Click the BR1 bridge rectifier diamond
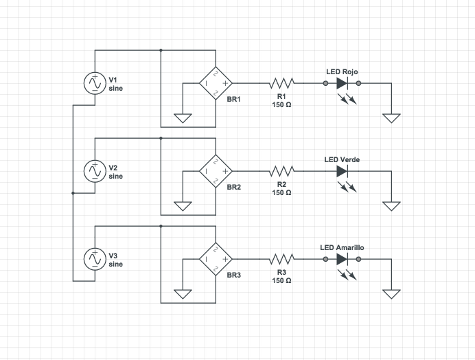(x=216, y=83)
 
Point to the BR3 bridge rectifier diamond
(x=216, y=259)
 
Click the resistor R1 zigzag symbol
(x=281, y=83)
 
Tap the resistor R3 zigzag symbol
(x=281, y=259)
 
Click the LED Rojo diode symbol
(x=343, y=83)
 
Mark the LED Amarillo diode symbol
(x=343, y=259)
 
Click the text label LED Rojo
(x=341, y=71)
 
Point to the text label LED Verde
(x=342, y=159)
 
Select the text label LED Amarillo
(x=342, y=247)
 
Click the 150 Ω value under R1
(x=281, y=105)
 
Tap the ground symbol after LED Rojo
(x=391, y=117)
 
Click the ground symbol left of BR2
(x=183, y=205)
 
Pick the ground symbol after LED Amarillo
(x=391, y=293)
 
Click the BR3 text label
(x=233, y=275)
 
